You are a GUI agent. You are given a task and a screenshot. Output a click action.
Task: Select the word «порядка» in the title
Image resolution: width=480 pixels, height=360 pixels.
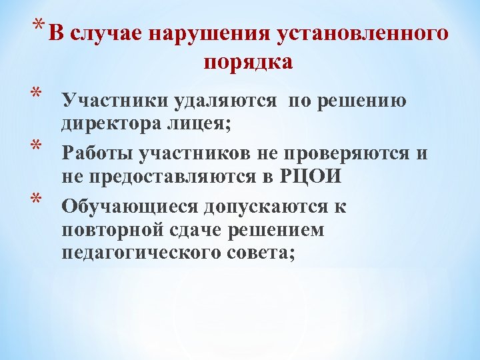pyautogui.click(x=248, y=62)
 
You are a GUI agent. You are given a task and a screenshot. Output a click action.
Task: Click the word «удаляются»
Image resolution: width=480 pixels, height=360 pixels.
pyautogui.click(x=225, y=101)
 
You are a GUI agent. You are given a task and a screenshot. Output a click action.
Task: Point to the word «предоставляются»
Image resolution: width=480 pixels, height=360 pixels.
pyautogui.click(x=170, y=177)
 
